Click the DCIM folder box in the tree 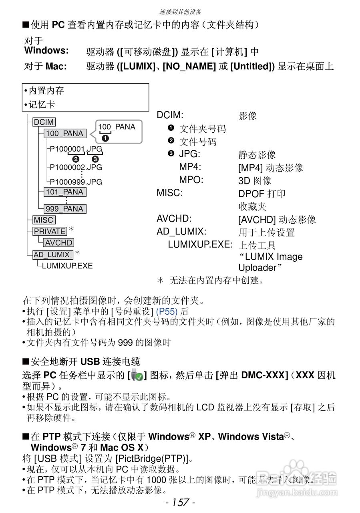click(x=44, y=122)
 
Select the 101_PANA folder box click(x=64, y=192)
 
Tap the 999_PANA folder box click(x=64, y=209)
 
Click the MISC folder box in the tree click(x=44, y=220)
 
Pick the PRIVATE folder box click(x=50, y=231)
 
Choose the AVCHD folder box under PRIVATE click(x=59, y=243)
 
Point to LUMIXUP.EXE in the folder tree click(x=67, y=266)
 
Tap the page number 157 click(x=180, y=503)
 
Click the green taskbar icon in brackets click(x=137, y=376)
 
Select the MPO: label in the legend click(x=191, y=180)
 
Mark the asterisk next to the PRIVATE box click(x=71, y=229)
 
